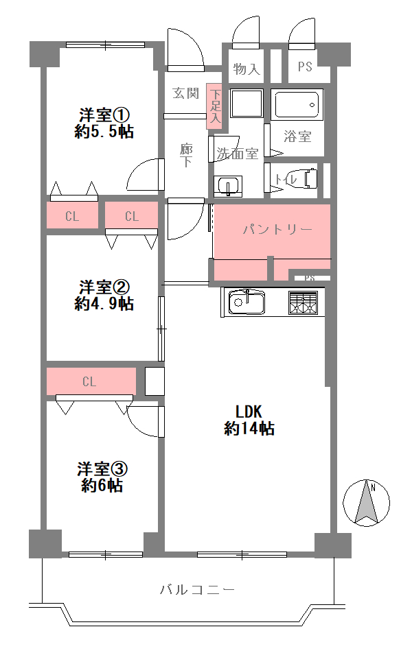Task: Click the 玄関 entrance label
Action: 185,93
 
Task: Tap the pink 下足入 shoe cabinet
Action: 215,106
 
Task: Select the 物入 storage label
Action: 247,68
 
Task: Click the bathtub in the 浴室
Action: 297,104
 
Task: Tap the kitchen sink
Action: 247,302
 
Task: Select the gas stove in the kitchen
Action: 303,303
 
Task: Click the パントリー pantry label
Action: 277,230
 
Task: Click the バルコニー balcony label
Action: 198,589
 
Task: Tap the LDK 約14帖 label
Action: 249,420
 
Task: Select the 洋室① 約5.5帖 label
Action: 104,123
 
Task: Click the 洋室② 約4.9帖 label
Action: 104,296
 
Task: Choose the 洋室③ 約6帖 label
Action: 102,477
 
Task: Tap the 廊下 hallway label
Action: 186,155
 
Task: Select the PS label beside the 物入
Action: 305,67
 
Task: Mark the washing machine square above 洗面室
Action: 247,103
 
